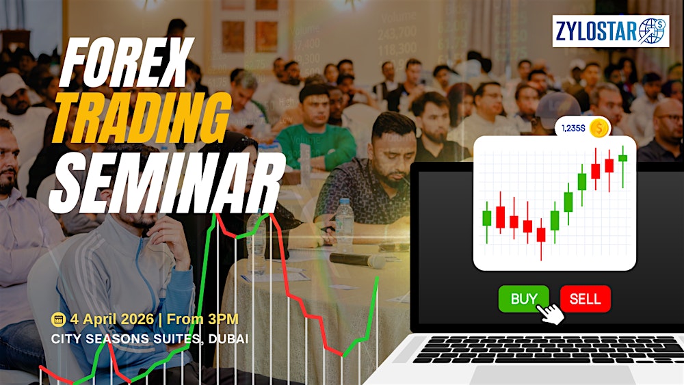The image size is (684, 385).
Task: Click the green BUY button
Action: tap(523, 299)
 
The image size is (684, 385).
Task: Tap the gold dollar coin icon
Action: tap(599, 128)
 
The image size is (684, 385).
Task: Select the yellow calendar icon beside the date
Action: tap(58, 319)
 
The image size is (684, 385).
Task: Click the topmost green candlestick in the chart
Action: tap(622, 158)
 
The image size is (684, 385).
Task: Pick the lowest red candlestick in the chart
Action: tap(541, 235)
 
